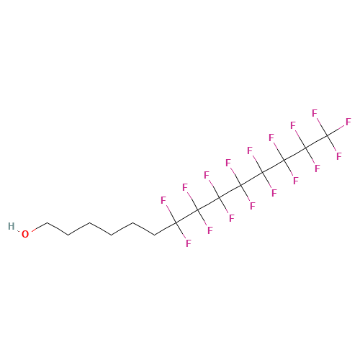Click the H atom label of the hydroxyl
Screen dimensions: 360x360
pos(11,226)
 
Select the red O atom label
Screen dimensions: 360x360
pos(25,234)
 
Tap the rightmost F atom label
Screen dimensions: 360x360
pos(348,122)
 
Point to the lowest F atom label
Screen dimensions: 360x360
pos(189,243)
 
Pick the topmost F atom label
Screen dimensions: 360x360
pos(315,113)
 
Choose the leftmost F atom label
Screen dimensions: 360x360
pos(163,200)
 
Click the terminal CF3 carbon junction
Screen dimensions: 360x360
pos(327,135)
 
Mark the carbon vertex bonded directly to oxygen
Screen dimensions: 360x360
pos(47,222)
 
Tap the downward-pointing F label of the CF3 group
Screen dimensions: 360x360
pos(338,156)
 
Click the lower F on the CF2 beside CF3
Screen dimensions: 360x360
pos(318,168)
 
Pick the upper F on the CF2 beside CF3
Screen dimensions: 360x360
pos(293,125)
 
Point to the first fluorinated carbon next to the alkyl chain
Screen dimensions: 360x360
pos(176,222)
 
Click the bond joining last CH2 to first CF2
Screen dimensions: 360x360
pos(165,228)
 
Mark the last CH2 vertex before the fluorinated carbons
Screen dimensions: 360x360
pos(154,235)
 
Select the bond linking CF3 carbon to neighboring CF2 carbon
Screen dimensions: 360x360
pos(316,142)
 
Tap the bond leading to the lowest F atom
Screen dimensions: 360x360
pos(181,231)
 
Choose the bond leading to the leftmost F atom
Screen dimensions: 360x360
pos(171,214)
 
